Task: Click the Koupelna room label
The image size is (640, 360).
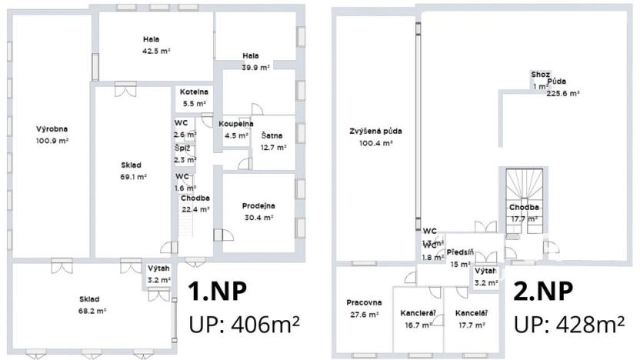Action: pyautogui.click(x=235, y=129)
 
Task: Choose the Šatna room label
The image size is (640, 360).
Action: pyautogui.click(x=272, y=141)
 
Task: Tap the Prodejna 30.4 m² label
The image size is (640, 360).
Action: pyautogui.click(x=258, y=211)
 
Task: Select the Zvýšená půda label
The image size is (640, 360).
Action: pyautogui.click(x=375, y=136)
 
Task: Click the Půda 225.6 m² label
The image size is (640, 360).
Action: pyautogui.click(x=562, y=87)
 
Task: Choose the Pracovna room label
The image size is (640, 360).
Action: pyautogui.click(x=364, y=308)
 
